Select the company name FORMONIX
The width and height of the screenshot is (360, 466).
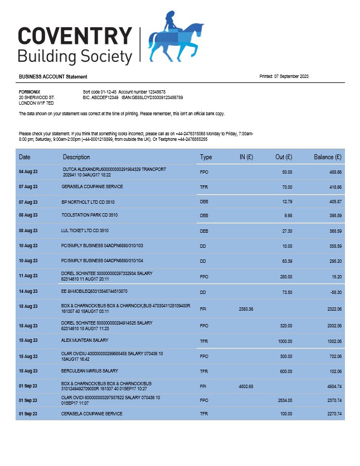click(30, 91)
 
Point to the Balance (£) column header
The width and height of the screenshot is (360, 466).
click(328, 158)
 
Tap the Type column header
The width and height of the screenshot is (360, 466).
click(206, 158)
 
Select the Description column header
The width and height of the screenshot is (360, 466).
click(76, 158)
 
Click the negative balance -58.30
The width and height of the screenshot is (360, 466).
click(335, 291)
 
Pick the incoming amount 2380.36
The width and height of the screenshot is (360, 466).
click(246, 309)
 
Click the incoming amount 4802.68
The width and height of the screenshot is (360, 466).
click(246, 386)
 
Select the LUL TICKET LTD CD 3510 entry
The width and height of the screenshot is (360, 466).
click(85, 230)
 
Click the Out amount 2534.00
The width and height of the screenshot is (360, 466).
click(284, 400)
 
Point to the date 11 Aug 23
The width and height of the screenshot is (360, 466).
click(28, 276)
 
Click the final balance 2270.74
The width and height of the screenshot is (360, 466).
click(332, 414)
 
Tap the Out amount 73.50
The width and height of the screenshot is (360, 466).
click(286, 291)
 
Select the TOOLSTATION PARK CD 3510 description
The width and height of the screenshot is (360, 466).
click(89, 215)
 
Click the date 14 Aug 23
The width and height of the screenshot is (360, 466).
click(28, 291)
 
